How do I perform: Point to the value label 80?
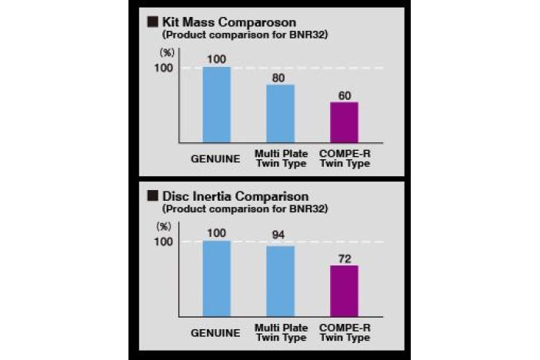tap(280, 78)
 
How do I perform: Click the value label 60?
tap(344, 95)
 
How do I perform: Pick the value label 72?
tap(344, 258)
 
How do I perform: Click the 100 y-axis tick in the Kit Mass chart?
tap(164, 68)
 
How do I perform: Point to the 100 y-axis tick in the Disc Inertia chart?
tap(164, 242)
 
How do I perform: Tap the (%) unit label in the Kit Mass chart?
tap(166, 53)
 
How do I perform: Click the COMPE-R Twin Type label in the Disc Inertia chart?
tap(344, 334)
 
